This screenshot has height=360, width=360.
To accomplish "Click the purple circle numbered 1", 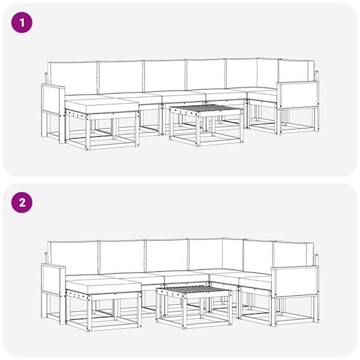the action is coord(22,23).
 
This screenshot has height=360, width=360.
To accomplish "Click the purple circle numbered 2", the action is coord(22,203).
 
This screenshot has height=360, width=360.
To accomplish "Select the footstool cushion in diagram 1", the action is coord(102,106).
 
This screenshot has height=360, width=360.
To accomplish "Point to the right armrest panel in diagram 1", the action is coord(298,95).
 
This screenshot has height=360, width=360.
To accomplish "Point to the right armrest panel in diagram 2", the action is coord(295,281).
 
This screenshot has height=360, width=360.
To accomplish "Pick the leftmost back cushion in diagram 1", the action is coord(73,77).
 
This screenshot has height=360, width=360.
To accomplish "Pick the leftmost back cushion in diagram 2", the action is coord(74,257).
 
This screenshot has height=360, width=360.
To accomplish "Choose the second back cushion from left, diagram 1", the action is coord(121,77).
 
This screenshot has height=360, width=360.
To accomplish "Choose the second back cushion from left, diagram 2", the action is coord(122,257).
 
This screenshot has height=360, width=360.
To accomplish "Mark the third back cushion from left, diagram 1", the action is coord(165,76).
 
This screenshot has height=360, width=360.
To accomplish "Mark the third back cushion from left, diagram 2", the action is coord(167,256).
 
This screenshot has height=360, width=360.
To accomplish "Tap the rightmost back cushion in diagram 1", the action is coord(296,71).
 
